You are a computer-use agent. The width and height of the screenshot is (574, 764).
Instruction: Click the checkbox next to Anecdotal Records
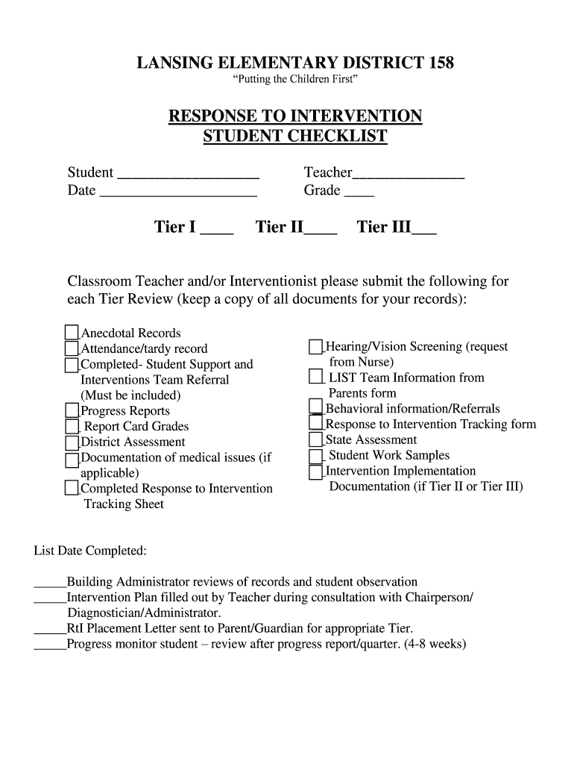coord(72,333)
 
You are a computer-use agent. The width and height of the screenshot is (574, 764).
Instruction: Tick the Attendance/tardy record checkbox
coord(72,348)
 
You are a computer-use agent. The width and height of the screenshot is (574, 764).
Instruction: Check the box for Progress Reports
coord(72,410)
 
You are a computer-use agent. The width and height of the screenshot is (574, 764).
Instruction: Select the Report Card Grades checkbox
coord(72,426)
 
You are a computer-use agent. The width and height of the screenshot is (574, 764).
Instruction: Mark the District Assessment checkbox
coord(72,442)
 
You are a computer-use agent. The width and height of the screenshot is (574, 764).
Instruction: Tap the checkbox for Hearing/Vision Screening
coord(316,346)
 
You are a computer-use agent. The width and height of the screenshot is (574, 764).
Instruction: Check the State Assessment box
coord(316,439)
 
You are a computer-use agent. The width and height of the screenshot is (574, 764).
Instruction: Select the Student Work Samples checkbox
coord(316,455)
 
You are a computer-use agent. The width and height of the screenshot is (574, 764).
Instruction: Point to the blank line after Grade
coord(359,195)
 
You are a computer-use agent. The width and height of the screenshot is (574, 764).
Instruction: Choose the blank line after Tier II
coord(321,232)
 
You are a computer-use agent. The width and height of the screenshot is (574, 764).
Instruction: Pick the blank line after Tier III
coord(424,232)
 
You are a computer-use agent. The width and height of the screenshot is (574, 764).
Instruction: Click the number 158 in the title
coord(439,64)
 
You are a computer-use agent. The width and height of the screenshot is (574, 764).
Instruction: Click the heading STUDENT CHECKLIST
coord(295,137)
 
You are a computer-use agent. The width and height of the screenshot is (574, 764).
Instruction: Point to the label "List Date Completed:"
coord(90,551)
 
